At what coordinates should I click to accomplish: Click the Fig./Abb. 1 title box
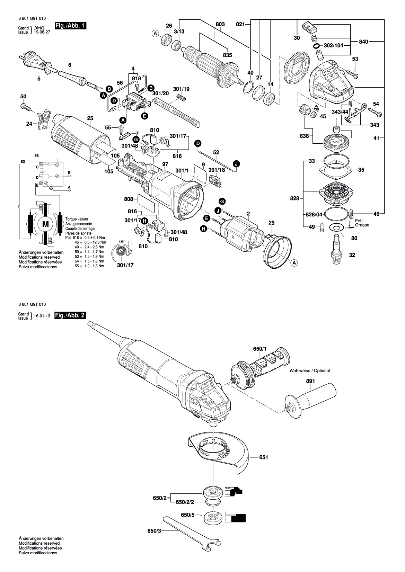(70, 26)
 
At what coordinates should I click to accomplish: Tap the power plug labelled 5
(35, 63)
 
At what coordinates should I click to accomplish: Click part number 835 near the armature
(227, 55)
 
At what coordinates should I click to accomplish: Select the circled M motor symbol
(45, 224)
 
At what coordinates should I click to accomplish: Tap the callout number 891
(310, 381)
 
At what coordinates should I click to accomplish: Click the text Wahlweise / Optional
(310, 370)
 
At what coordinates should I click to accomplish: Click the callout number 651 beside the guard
(263, 457)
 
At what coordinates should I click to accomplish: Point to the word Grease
(362, 225)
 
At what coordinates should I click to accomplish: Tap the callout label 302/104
(333, 46)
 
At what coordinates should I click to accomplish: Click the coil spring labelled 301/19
(182, 98)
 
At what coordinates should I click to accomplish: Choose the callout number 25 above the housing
(90, 118)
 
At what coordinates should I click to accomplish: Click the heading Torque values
(77, 219)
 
